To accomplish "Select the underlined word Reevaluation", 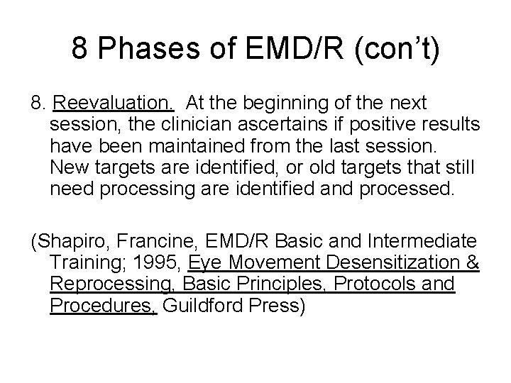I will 113,104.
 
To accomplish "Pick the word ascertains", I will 282,125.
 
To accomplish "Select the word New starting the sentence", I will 68,167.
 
